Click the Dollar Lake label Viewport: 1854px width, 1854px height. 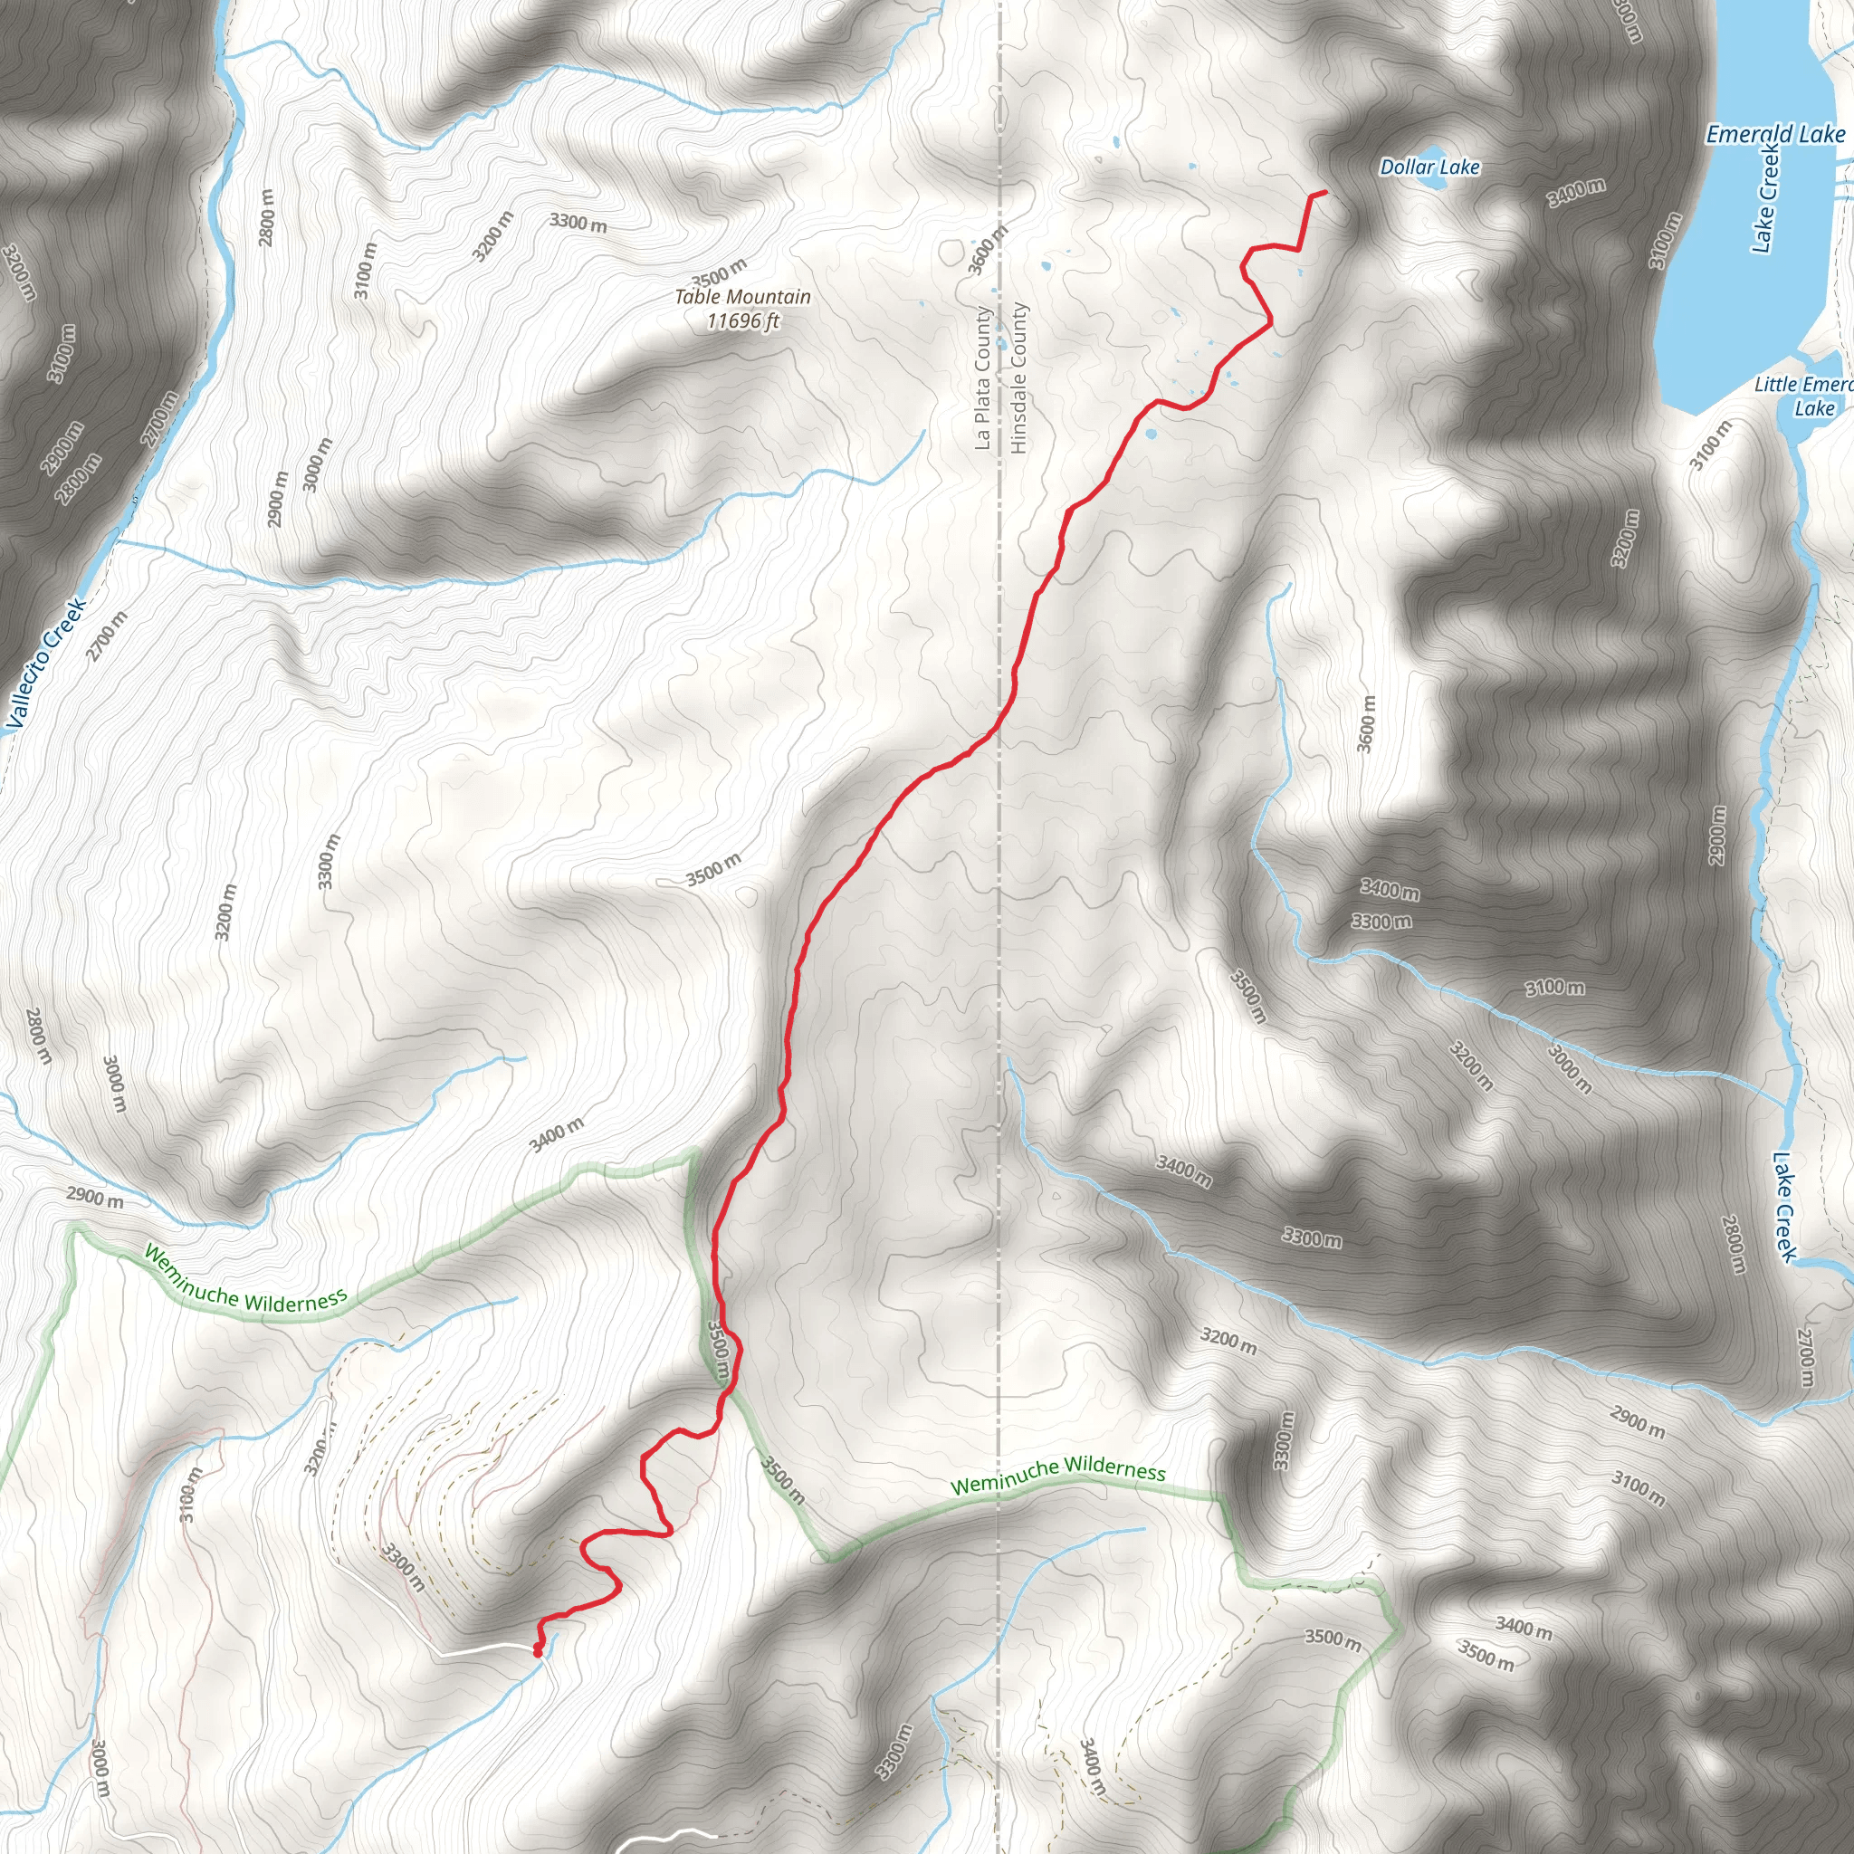pos(1429,167)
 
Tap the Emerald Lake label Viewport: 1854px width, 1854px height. pos(1774,134)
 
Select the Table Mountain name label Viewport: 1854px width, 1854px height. pos(741,297)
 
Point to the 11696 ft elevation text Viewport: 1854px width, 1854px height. pos(741,320)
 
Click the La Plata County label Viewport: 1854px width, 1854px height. pos(981,378)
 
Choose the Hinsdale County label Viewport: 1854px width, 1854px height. pos(1018,378)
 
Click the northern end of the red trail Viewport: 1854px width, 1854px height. pos(1324,193)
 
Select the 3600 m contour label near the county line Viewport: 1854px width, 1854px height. pos(987,251)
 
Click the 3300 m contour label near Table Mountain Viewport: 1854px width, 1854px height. pos(578,223)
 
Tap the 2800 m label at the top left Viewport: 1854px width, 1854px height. pos(267,217)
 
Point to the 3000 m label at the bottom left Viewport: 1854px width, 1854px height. pos(100,1768)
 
